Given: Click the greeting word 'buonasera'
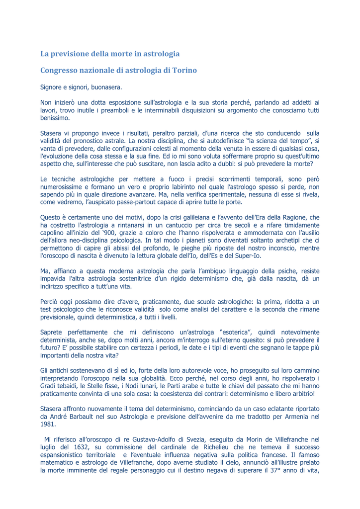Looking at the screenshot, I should [x=106, y=87].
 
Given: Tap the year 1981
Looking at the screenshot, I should [x=48, y=425].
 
